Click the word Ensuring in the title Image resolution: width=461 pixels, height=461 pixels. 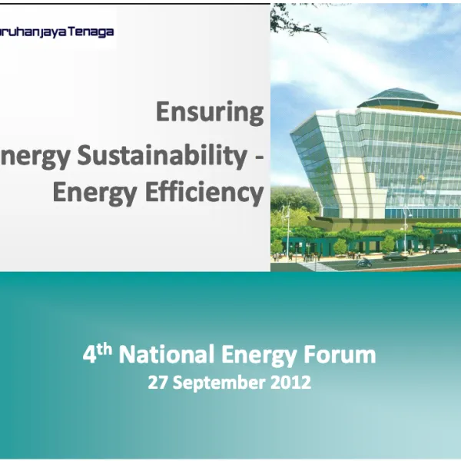click(x=209, y=112)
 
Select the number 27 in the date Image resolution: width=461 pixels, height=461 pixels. click(x=158, y=382)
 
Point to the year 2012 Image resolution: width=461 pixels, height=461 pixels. click(x=290, y=382)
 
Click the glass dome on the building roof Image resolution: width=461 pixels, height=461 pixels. click(x=398, y=98)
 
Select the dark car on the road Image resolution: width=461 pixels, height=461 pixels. click(x=395, y=257)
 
